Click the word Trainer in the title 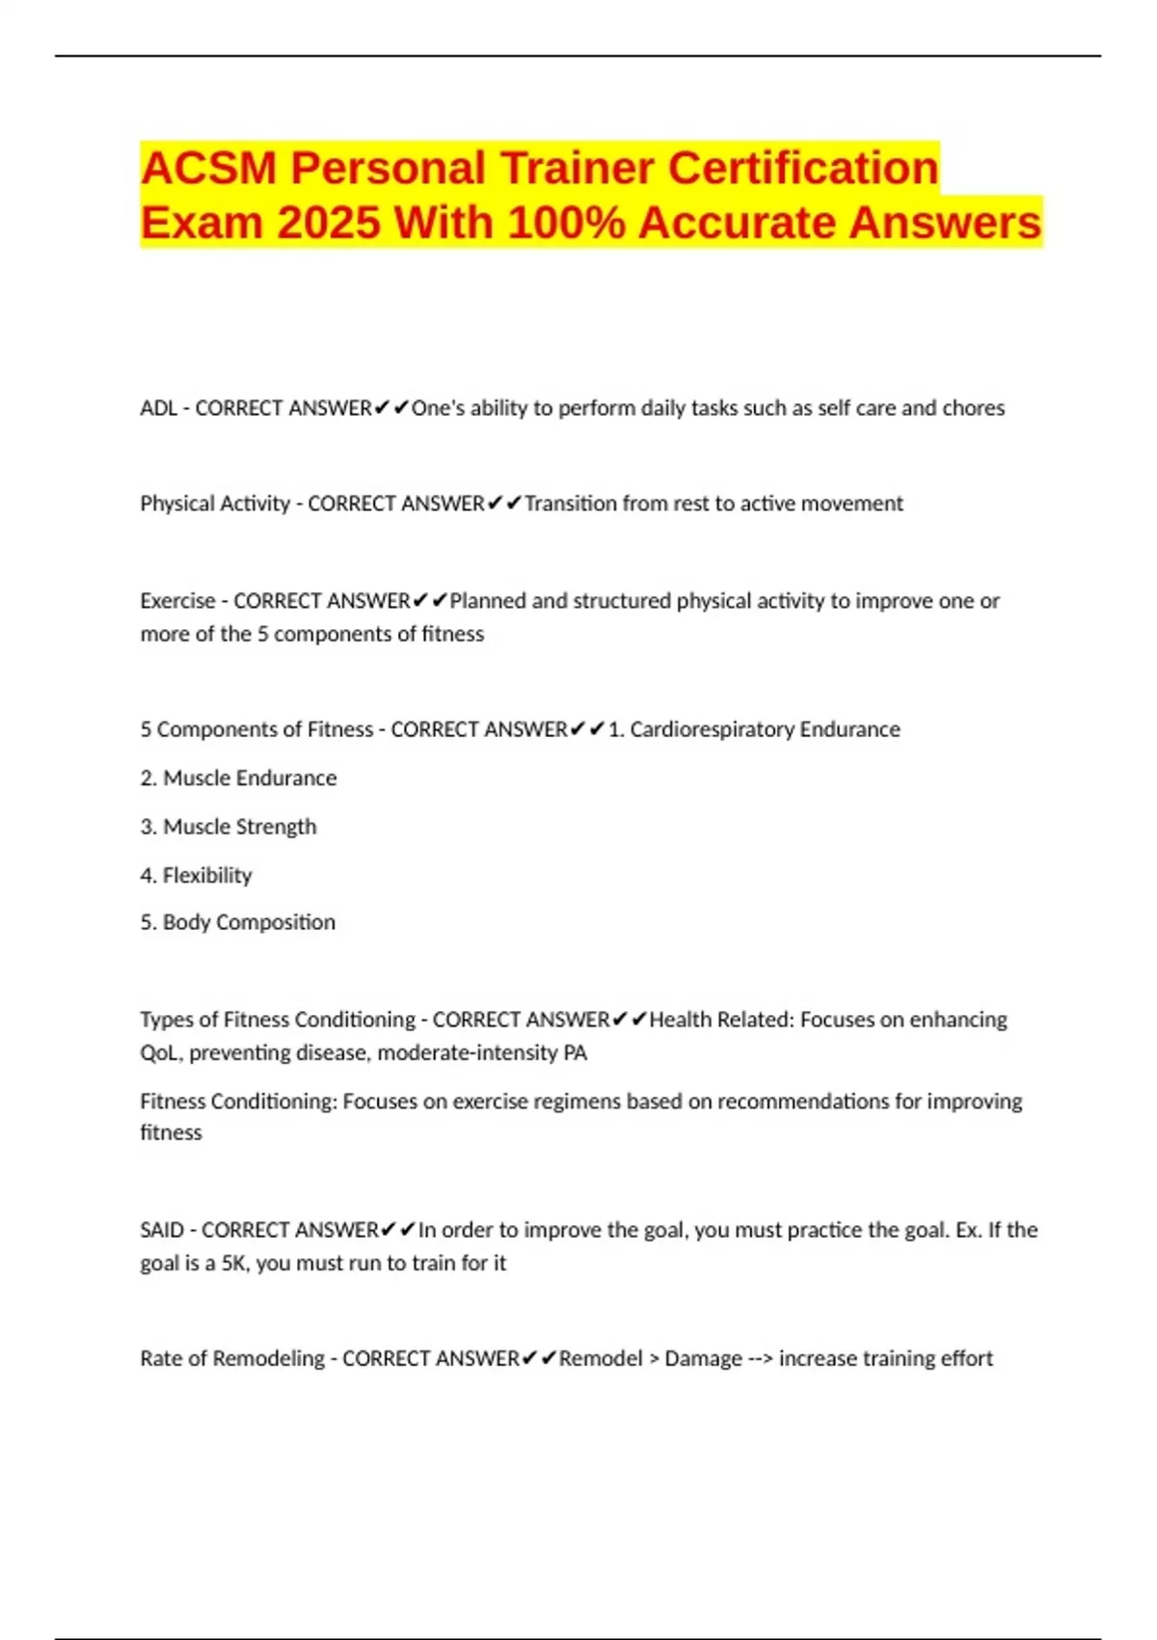click(x=576, y=168)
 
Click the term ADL click(x=158, y=408)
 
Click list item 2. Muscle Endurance click(x=238, y=779)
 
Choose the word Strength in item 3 click(x=280, y=827)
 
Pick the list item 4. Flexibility click(x=196, y=875)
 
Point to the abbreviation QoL click(x=159, y=1052)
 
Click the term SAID click(x=161, y=1230)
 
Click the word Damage click(x=703, y=1358)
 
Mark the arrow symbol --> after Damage click(x=760, y=1358)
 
